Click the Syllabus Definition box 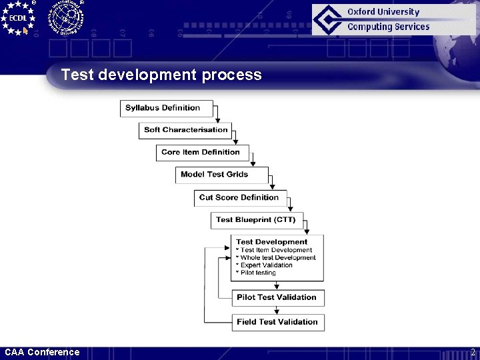point(167,108)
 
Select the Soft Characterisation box point(185,130)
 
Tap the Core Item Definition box point(202,153)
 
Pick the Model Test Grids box point(221,175)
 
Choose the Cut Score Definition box point(240,197)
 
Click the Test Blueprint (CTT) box point(257,219)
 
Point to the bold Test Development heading point(271,242)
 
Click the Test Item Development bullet point(276,250)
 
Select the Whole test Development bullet point(278,257)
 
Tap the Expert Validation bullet point(266,265)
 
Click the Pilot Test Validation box point(277,297)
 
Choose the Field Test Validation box point(277,322)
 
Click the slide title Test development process point(161,75)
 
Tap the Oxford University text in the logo point(383,12)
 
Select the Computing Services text point(388,27)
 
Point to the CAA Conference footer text point(42,352)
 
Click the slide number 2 point(473,352)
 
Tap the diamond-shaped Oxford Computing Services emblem point(329,19)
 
